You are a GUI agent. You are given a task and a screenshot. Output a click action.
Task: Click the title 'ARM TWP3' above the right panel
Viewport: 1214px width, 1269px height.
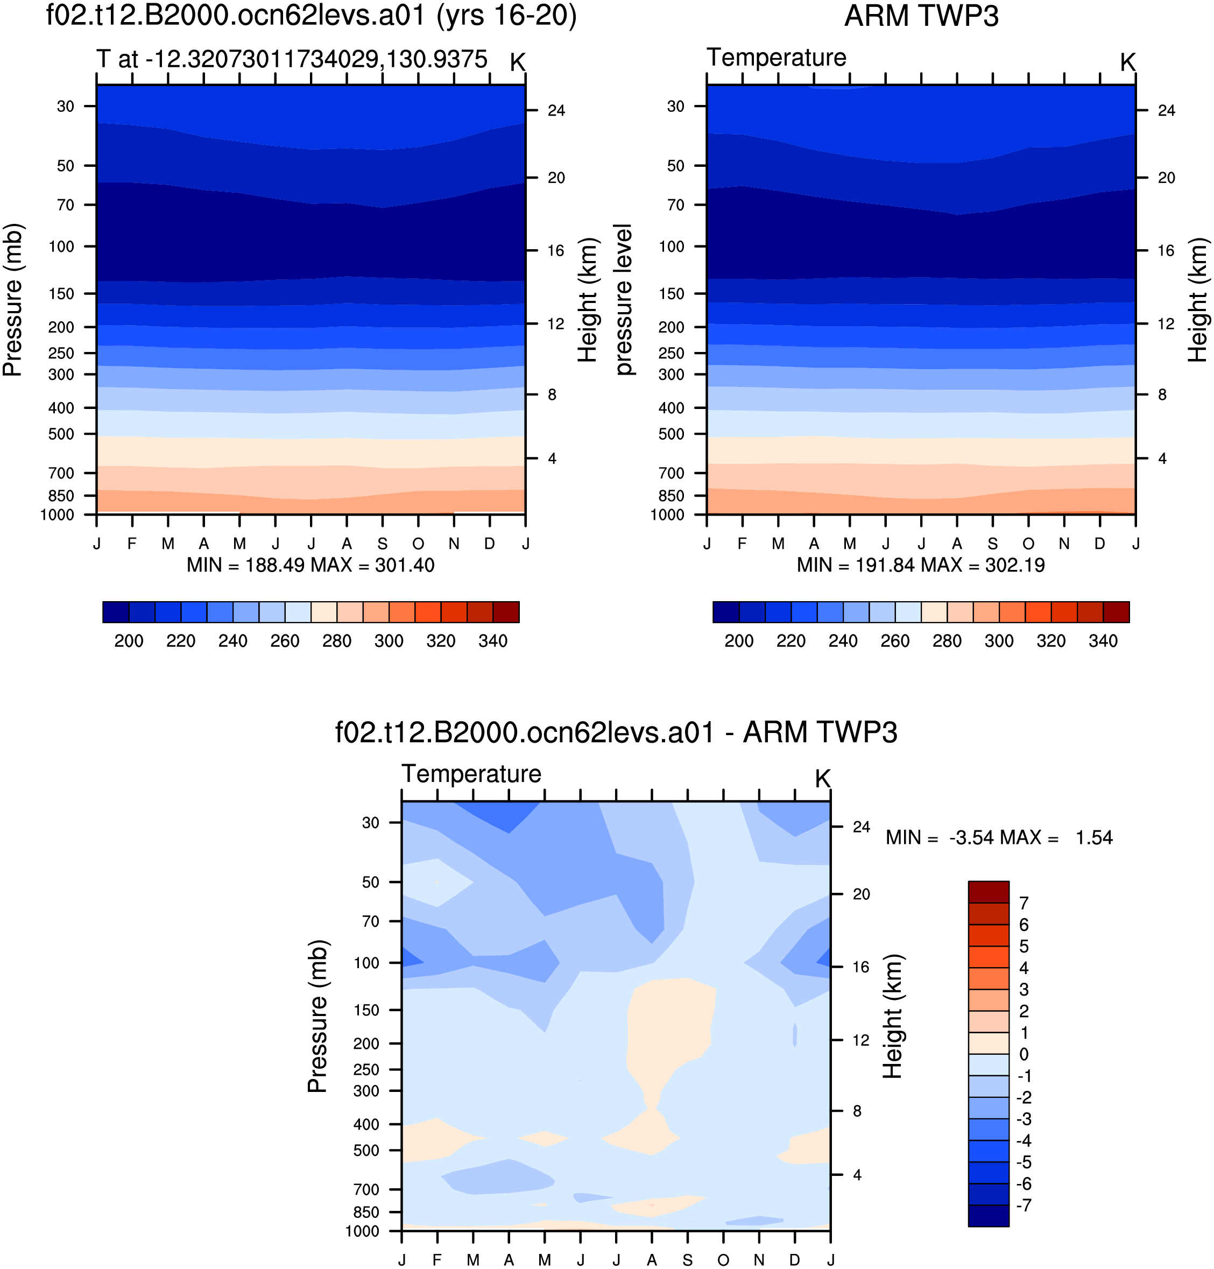(921, 16)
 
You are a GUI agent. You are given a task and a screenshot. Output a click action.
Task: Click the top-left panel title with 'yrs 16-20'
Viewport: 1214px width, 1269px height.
(311, 16)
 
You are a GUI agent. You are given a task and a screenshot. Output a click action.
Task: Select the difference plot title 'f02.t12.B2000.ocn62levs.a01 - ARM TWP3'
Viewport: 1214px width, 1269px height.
(616, 732)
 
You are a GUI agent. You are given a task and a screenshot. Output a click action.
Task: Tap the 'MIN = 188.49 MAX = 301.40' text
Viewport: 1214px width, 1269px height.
(310, 565)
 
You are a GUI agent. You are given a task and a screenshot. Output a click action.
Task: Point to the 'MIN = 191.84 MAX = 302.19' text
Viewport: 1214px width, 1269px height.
(921, 565)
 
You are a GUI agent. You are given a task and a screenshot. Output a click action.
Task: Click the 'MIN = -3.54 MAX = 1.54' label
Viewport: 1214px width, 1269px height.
(999, 837)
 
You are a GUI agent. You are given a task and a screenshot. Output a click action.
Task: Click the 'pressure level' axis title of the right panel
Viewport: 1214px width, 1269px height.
(624, 300)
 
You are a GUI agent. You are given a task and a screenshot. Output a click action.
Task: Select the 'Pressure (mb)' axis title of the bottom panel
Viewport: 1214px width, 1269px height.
(317, 1016)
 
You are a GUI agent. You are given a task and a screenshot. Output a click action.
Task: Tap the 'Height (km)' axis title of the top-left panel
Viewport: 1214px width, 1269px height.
(587, 300)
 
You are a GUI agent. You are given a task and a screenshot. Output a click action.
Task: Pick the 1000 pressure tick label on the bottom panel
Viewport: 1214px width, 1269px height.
(362, 1231)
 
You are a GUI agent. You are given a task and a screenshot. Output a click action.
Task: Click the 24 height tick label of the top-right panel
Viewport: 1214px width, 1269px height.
(1166, 111)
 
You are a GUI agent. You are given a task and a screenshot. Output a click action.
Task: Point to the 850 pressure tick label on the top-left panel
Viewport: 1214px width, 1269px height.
(61, 496)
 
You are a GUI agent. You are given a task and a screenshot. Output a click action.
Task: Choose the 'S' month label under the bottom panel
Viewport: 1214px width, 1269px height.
(688, 1260)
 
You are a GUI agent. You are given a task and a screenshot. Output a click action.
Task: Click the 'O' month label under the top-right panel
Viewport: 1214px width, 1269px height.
(1028, 544)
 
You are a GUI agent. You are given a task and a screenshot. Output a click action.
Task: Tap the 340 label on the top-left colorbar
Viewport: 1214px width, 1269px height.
(493, 640)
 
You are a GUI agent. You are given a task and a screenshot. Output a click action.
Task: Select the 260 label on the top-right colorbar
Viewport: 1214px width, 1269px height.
(895, 640)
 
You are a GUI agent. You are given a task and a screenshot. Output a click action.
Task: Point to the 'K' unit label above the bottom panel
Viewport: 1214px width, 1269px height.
(822, 779)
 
